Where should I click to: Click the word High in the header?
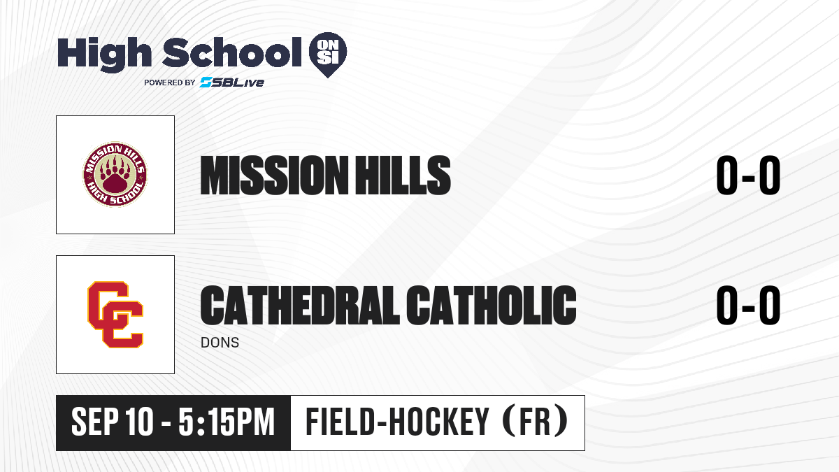[104, 54]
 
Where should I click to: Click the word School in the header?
[232, 52]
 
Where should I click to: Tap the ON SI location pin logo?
[328, 55]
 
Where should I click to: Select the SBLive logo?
[232, 83]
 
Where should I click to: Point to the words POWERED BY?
[170, 83]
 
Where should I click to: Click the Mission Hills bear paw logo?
[115, 174]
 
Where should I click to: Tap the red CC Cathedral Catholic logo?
[115, 315]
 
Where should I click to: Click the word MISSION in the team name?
[274, 176]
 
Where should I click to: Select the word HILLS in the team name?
[403, 176]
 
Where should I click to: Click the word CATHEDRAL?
[300, 305]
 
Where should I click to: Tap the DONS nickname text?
[220, 343]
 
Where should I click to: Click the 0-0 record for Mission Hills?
[748, 176]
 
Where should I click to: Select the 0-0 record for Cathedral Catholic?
[748, 305]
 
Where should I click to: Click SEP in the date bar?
[95, 422]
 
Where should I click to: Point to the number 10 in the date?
[139, 422]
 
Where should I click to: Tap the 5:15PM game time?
[227, 422]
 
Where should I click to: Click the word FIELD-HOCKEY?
[397, 422]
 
